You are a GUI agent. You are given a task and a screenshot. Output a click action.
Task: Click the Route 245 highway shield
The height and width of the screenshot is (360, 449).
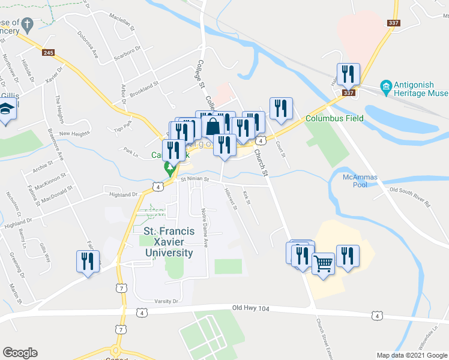click(49, 53)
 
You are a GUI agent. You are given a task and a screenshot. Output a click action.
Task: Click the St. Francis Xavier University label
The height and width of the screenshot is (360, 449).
click(169, 242)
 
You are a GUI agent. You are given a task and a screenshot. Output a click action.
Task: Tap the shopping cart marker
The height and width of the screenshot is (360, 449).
click(323, 263)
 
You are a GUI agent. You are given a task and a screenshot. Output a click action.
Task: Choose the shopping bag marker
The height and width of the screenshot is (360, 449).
click(213, 127)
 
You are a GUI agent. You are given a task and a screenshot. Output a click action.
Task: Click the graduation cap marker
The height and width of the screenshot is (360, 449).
click(7, 110)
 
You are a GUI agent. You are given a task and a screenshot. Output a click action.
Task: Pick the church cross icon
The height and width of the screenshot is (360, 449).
click(26, 25)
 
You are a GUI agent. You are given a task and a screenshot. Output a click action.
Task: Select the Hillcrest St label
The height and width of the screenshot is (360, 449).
click(230, 199)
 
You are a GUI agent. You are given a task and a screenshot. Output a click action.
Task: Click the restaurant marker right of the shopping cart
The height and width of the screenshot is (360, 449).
click(348, 256)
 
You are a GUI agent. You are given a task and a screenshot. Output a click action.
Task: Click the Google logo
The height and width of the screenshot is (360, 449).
click(19, 353)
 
